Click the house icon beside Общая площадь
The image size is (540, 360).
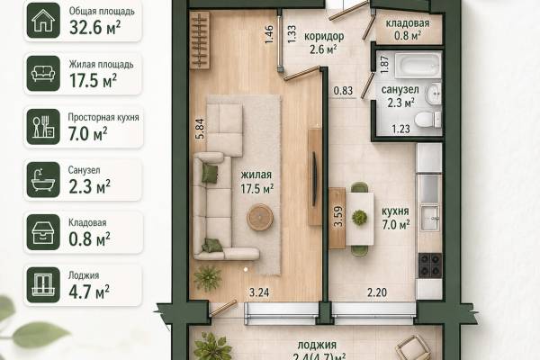coord(43,21)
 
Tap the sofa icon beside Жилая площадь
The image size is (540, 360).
coord(43,74)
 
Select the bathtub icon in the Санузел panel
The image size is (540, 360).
coord(43,179)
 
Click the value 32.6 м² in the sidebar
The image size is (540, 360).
coord(95,28)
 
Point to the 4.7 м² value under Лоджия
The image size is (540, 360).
coord(89,292)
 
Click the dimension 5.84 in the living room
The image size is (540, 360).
coord(200,129)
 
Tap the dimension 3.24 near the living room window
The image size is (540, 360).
coord(259,292)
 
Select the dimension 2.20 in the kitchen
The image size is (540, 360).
coord(377,292)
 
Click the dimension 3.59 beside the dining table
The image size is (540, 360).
coord(338,216)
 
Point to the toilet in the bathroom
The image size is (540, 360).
coord(428,120)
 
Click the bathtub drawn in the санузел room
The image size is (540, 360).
coord(418,65)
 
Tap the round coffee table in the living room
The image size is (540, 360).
coord(260,217)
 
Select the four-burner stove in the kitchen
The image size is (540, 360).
coord(430,265)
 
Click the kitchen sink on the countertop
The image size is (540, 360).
coord(430,218)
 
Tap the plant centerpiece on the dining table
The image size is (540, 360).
coord(359,217)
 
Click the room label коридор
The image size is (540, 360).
coord(324,36)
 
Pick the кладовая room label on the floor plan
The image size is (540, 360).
coord(408,23)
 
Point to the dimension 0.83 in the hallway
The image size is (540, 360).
coord(344,91)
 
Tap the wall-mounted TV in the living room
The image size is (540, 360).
coord(314,179)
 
